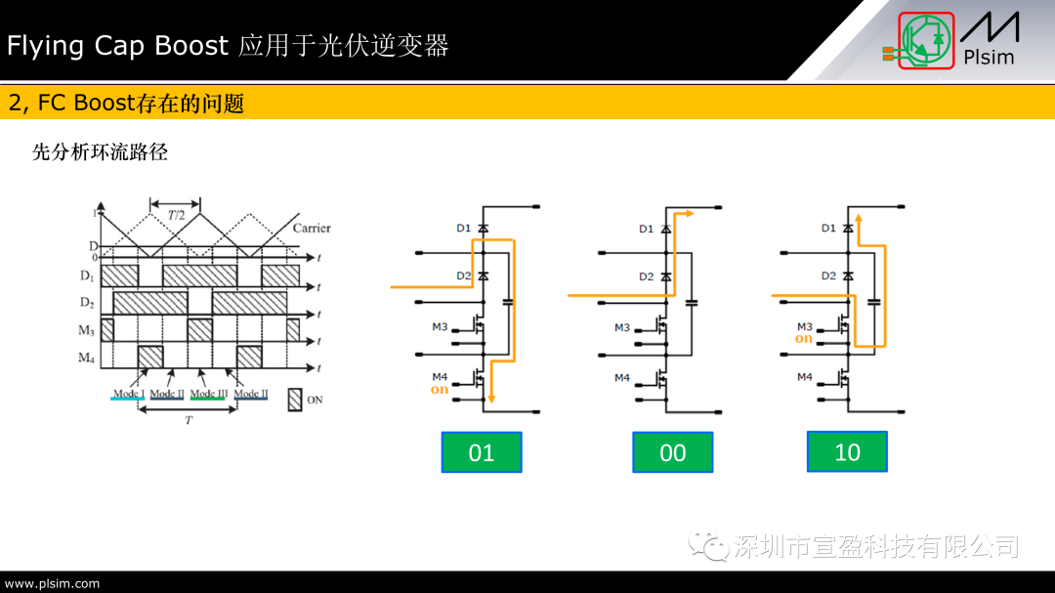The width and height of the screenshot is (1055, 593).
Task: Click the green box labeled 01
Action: [482, 452]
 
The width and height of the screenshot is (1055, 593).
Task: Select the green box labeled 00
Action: [672, 452]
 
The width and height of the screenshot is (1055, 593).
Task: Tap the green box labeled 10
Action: [847, 451]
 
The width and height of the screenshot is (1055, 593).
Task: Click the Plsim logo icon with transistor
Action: [926, 41]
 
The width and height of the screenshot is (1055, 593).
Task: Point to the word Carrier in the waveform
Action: [311, 229]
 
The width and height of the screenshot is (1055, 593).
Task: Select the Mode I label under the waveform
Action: [129, 394]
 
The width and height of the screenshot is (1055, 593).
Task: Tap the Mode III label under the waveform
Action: [207, 394]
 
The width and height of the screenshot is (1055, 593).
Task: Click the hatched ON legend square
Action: [296, 399]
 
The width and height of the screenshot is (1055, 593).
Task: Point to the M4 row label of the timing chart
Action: [87, 358]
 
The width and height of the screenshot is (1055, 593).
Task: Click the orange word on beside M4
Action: [440, 390]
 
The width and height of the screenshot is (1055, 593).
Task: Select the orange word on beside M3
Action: [803, 339]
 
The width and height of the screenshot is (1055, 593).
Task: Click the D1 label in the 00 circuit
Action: [646, 229]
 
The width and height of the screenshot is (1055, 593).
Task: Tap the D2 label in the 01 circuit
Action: [463, 276]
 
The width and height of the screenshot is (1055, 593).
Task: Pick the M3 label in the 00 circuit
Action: [622, 328]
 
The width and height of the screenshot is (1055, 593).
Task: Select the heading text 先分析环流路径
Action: [100, 152]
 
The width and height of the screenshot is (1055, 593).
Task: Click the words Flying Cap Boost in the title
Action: [117, 45]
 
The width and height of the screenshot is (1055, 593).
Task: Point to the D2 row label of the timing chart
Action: [87, 303]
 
